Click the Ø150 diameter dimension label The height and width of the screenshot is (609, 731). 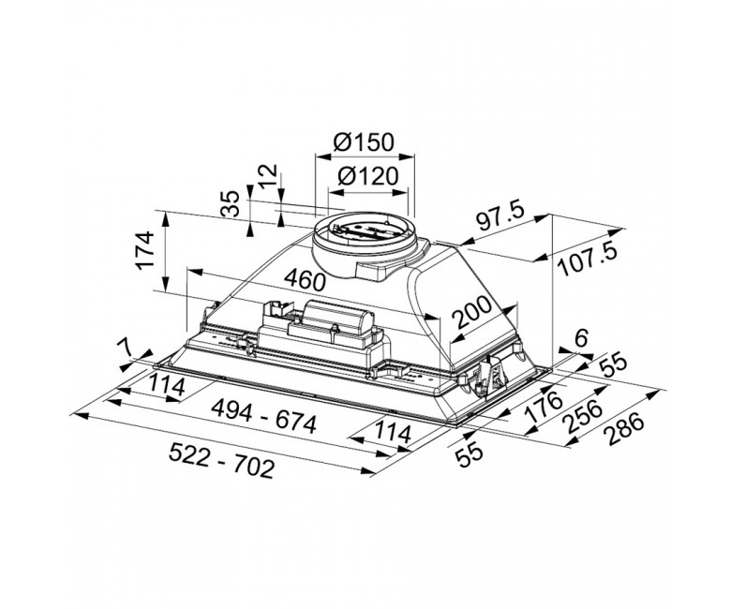tap(364, 141)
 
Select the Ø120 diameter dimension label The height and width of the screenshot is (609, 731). tap(367, 176)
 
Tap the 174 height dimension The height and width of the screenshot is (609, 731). tap(145, 249)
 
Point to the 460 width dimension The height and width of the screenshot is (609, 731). tap(305, 279)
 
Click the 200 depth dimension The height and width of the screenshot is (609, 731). tap(472, 311)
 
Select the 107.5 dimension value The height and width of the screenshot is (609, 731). tap(588, 260)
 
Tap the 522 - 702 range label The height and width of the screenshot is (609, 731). tap(221, 460)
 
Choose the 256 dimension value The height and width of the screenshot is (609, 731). tap(583, 416)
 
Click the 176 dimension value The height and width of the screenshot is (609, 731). tap(544, 406)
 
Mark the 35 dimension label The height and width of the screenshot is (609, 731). tap(230, 203)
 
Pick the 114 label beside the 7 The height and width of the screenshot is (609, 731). tap(167, 385)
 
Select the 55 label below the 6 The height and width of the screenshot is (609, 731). tap(613, 364)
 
